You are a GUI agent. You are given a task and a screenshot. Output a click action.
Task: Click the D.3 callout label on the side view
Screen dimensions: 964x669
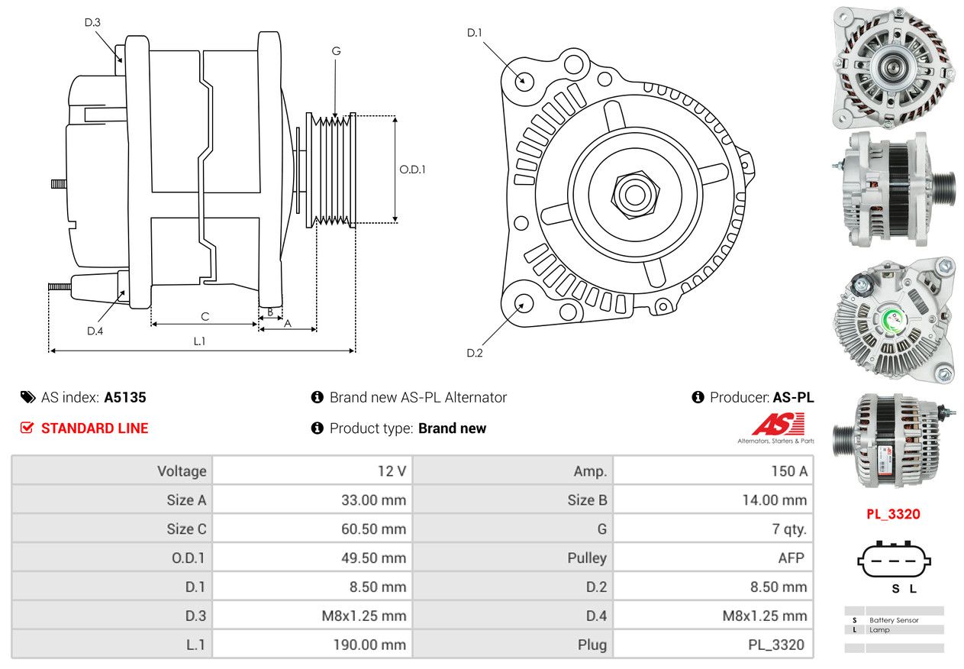click(x=92, y=22)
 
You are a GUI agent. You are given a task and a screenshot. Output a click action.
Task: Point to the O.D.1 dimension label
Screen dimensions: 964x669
click(x=412, y=170)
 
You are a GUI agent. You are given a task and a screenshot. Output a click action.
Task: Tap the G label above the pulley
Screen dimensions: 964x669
click(x=336, y=51)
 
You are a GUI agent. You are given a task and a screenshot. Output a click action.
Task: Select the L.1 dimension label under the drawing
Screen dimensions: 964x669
click(x=199, y=341)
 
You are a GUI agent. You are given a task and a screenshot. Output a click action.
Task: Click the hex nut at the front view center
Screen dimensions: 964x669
click(x=635, y=195)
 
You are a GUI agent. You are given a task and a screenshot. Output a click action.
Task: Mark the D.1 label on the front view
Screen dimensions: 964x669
click(x=475, y=33)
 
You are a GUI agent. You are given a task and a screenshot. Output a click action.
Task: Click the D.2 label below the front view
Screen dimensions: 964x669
click(x=475, y=353)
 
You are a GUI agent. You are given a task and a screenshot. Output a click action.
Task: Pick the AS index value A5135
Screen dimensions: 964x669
click(x=125, y=397)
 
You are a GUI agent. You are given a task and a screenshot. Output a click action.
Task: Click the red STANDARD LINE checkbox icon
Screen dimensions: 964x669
click(x=27, y=428)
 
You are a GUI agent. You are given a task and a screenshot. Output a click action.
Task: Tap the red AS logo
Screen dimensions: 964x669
click(x=779, y=424)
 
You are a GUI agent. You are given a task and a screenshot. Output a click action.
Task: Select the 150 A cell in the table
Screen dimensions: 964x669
click(x=789, y=471)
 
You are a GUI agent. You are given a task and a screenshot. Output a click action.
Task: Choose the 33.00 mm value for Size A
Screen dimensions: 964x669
click(x=373, y=499)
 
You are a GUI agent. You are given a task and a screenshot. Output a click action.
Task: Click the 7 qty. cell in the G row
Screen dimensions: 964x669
click(x=789, y=528)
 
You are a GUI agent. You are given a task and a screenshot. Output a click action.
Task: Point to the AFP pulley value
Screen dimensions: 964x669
click(x=791, y=558)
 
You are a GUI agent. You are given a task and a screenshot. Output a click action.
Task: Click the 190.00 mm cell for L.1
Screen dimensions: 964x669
click(x=369, y=645)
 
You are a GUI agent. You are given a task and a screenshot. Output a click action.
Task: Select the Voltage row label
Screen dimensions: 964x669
click(x=182, y=471)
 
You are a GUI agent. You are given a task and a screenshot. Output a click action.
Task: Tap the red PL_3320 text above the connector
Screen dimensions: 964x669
click(x=894, y=514)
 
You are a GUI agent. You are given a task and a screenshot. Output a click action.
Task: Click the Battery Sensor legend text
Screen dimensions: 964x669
click(x=894, y=620)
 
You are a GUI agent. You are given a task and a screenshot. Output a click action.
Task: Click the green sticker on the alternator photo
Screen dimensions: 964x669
click(x=894, y=321)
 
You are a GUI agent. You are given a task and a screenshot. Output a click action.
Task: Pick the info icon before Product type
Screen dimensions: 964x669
click(x=318, y=428)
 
